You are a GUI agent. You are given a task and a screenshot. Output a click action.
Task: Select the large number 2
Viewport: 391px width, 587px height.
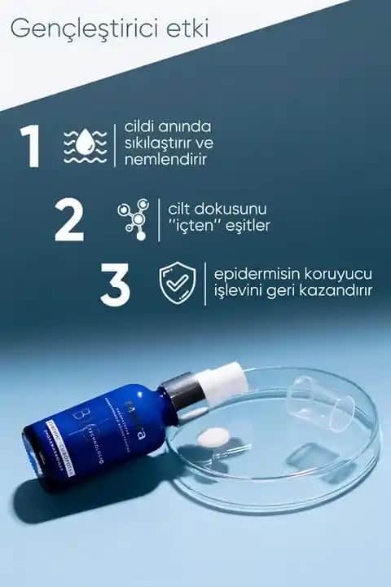pos(69,219)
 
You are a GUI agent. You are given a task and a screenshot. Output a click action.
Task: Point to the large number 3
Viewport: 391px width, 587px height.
pos(115,284)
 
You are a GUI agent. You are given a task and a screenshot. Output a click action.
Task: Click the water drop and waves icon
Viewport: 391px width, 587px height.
pos(85,145)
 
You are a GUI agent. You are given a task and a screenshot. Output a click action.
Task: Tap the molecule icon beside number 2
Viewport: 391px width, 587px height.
pos(133,218)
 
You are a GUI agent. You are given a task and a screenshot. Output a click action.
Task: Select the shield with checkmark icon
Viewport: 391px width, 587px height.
pos(178,283)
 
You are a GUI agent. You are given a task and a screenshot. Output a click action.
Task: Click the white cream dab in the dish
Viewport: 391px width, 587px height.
pos(216,437)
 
